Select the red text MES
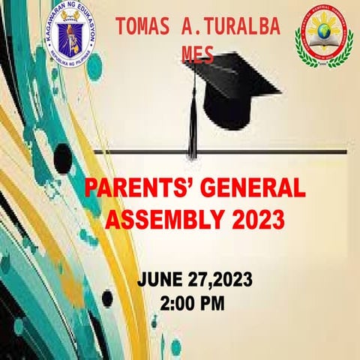[x=197, y=54]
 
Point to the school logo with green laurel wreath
[x=323, y=39]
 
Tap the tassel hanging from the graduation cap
[x=193, y=127]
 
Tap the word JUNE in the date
[x=160, y=281]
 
